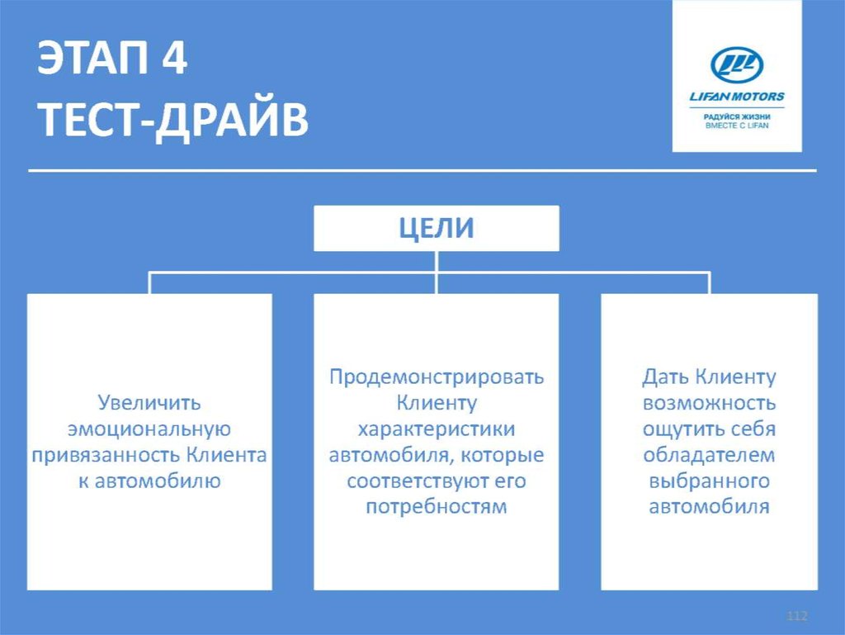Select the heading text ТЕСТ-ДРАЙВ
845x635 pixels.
click(x=173, y=121)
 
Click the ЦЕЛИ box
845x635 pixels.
click(x=437, y=228)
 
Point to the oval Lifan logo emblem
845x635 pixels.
click(x=737, y=65)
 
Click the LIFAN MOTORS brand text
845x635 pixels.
click(x=737, y=97)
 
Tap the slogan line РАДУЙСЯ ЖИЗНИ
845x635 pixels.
click(x=737, y=116)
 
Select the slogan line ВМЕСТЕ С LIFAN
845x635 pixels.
click(x=737, y=126)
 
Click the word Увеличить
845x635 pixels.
click(x=149, y=404)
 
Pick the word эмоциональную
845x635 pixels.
click(x=149, y=429)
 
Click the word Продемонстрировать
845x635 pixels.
click(x=437, y=378)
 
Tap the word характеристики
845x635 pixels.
click(x=437, y=429)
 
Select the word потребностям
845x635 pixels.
click(x=437, y=506)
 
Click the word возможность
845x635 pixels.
click(x=710, y=404)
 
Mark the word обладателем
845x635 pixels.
click(x=710, y=455)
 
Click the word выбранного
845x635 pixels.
click(x=710, y=481)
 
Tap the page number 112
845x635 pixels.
click(x=796, y=617)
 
